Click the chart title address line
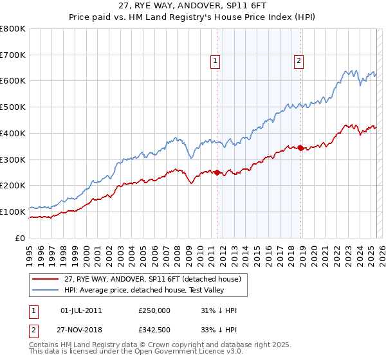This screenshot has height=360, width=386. click(192, 6)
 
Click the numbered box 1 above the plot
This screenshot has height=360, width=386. click(214, 62)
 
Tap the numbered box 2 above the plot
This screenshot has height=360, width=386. click(299, 62)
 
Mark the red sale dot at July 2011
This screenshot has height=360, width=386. click(217, 172)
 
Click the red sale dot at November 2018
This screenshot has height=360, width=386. click(300, 148)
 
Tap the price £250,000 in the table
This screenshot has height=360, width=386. click(154, 311)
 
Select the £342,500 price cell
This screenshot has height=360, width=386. click(154, 330)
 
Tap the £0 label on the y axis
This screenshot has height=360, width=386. click(20, 238)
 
